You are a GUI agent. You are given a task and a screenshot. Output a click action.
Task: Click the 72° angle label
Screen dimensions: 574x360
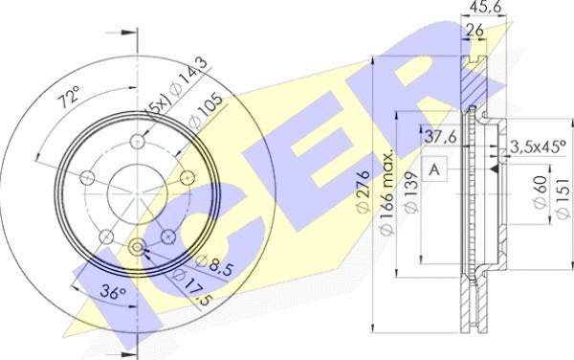click(x=69, y=97)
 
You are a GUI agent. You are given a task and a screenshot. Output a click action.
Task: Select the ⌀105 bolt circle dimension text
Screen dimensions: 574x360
click(x=206, y=111)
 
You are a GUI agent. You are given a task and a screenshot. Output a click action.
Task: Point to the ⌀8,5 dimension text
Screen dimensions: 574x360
click(x=213, y=265)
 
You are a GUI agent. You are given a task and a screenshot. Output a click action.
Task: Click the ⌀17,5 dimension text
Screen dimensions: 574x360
click(x=192, y=286)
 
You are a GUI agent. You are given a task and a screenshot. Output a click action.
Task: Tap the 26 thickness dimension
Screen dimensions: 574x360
click(x=475, y=30)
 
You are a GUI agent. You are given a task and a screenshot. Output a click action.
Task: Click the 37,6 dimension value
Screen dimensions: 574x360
click(x=440, y=137)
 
